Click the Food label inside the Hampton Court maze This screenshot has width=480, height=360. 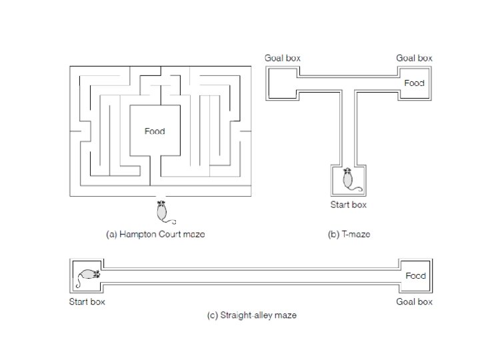[x=155, y=131]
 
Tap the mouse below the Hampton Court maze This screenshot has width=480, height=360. [x=161, y=211]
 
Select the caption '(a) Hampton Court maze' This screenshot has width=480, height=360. [x=156, y=234]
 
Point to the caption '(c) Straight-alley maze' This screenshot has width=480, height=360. [x=252, y=315]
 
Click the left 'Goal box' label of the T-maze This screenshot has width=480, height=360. [x=283, y=58]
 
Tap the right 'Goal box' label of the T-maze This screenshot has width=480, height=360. [x=414, y=58]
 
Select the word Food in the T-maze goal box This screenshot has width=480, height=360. [x=414, y=83]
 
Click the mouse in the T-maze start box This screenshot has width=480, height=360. [x=347, y=179]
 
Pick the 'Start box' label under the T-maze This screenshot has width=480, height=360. [x=348, y=205]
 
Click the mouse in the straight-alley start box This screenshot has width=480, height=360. [x=89, y=275]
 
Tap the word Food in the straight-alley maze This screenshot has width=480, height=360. [x=415, y=275]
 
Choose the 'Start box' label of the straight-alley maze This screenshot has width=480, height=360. [x=87, y=301]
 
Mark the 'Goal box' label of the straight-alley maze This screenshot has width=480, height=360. [x=415, y=301]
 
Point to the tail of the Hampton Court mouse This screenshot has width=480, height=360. [x=172, y=221]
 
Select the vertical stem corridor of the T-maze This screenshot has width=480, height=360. [x=348, y=127]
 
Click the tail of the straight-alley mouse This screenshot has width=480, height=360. [x=77, y=283]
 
